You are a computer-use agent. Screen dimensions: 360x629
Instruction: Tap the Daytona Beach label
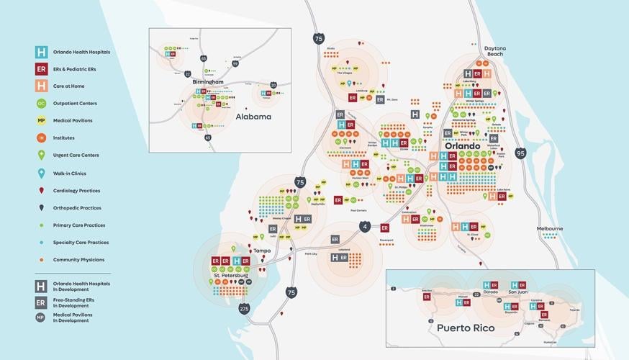pyautogui.click(x=495, y=51)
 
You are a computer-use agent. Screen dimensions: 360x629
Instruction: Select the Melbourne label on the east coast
pyautogui.click(x=549, y=228)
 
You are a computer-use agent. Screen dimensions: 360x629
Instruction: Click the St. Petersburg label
pyautogui.click(x=230, y=275)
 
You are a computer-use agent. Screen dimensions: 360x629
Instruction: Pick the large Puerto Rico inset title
pyautogui.click(x=466, y=328)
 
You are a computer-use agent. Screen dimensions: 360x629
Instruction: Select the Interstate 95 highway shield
pyautogui.click(x=521, y=153)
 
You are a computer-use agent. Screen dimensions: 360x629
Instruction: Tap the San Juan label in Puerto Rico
pyautogui.click(x=518, y=292)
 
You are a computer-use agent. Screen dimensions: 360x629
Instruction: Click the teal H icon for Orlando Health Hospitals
pyautogui.click(x=42, y=52)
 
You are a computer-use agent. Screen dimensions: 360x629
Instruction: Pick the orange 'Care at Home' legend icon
pyautogui.click(x=42, y=86)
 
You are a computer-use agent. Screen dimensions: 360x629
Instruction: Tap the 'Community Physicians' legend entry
pyautogui.click(x=79, y=260)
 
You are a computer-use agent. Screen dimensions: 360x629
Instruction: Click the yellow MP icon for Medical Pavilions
pyautogui.click(x=42, y=121)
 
